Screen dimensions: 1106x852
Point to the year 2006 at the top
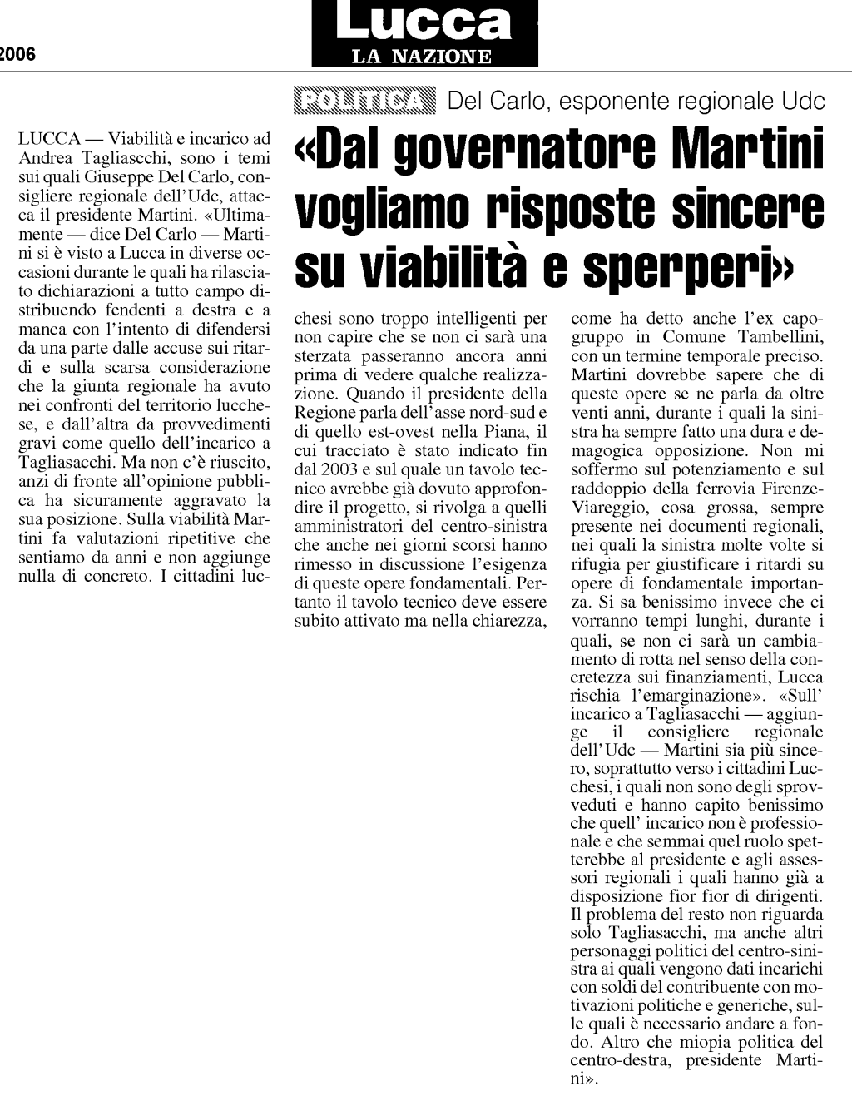pos(17,55)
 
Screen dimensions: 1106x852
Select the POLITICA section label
pos(364,101)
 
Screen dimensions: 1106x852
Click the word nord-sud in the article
pos(503,413)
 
